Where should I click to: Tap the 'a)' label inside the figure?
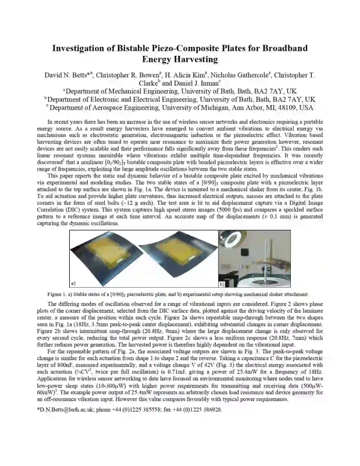point(73,283)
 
